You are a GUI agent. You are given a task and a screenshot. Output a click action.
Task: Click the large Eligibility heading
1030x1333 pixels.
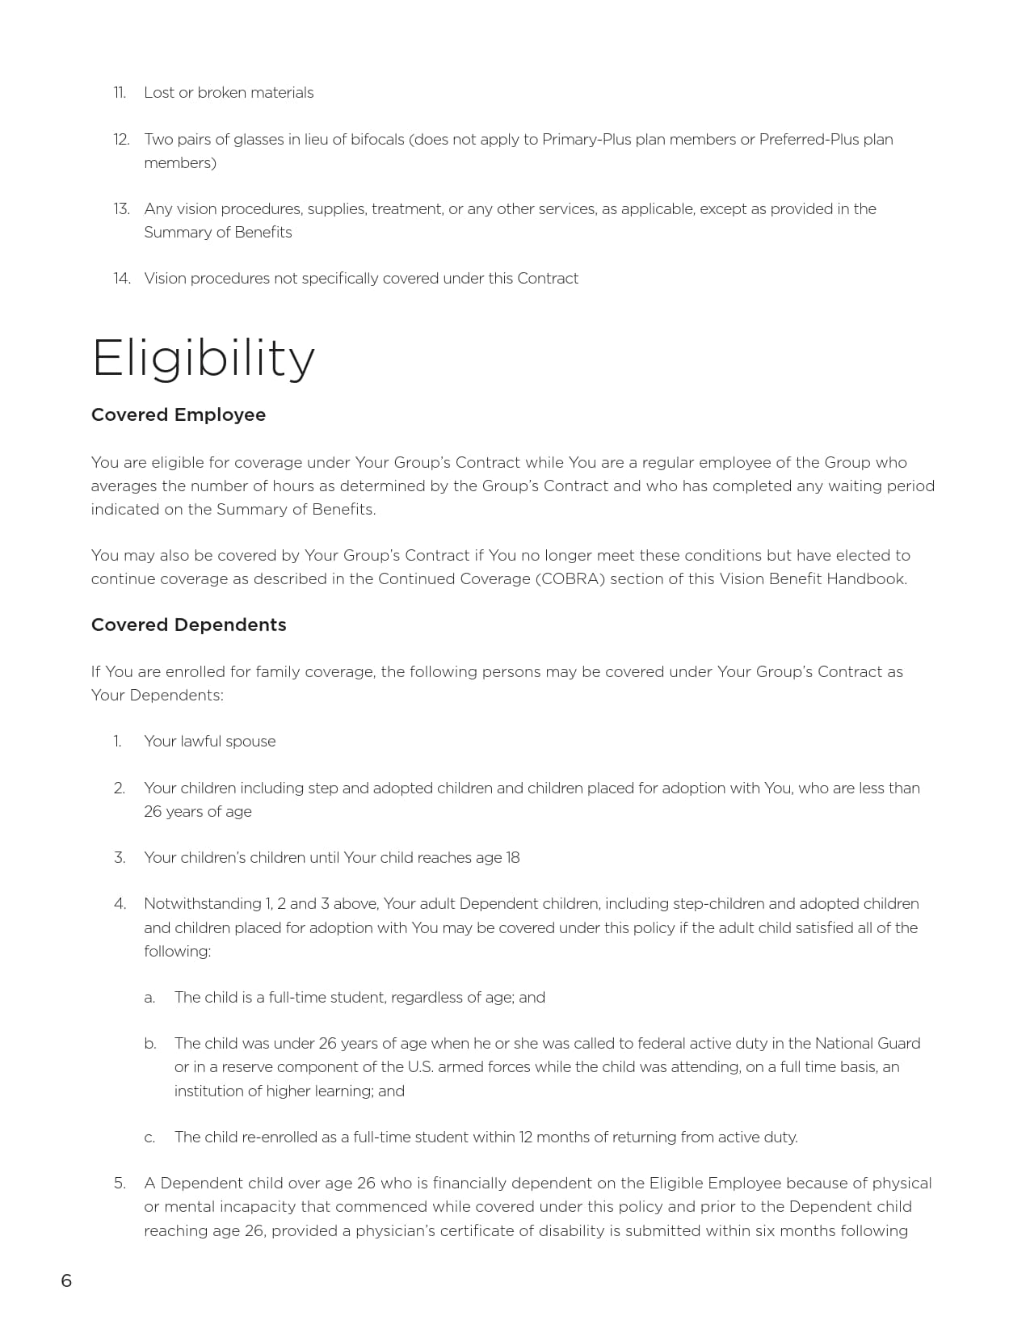click(x=203, y=358)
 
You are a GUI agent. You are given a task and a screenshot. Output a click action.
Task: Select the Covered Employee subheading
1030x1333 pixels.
click(x=178, y=414)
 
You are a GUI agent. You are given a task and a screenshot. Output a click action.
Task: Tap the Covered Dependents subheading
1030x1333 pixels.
click(x=188, y=624)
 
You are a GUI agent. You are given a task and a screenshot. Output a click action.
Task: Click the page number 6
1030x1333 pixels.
click(x=66, y=1280)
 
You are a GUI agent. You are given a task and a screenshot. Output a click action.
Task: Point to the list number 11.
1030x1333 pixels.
click(x=120, y=93)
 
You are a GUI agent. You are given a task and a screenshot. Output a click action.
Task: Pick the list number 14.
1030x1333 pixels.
click(x=121, y=279)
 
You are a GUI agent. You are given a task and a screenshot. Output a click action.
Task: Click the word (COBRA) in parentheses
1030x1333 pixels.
click(x=570, y=579)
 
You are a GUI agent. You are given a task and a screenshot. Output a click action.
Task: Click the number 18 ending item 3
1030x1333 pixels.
click(x=512, y=858)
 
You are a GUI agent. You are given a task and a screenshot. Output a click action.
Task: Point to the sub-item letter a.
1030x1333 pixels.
click(x=149, y=998)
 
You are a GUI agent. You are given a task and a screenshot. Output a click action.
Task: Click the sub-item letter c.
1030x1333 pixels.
click(x=149, y=1137)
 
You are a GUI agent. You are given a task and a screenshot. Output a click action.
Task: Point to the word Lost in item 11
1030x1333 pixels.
click(x=158, y=93)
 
